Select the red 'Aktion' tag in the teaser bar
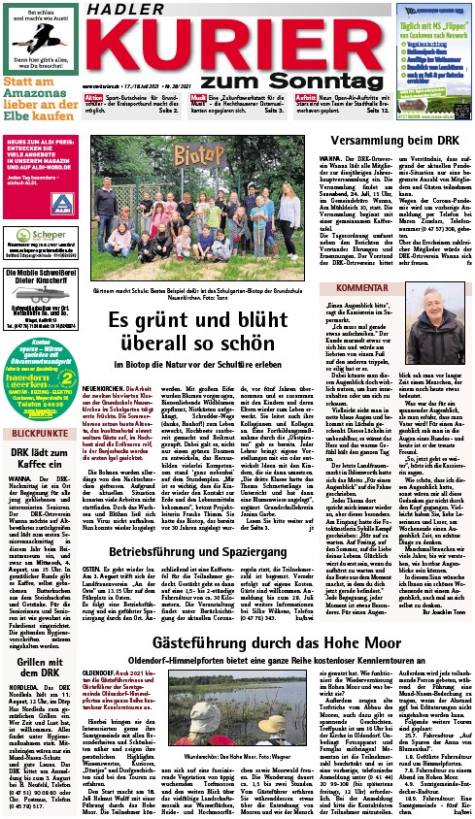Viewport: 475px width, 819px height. coord(94,99)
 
